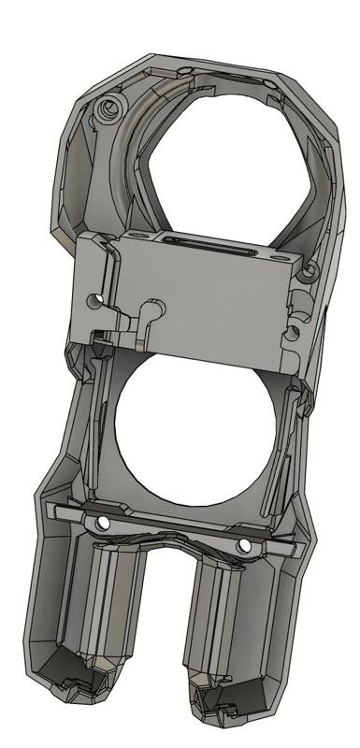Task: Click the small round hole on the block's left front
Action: [93, 301]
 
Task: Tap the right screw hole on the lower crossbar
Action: [244, 544]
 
